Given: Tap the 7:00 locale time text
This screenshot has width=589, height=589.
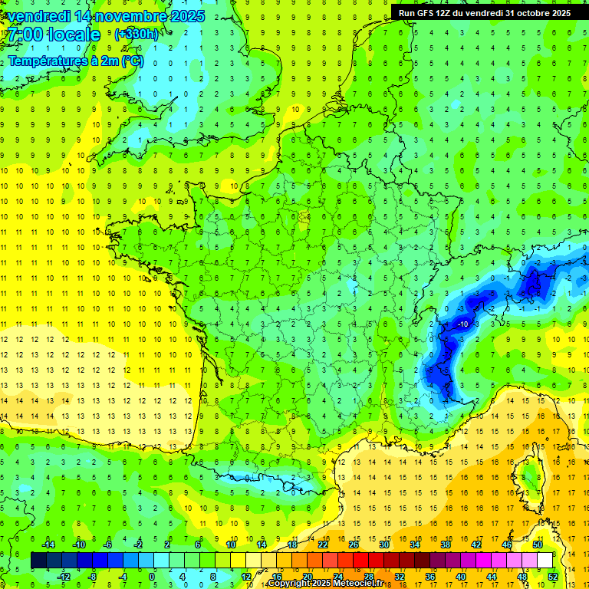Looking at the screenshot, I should point(53,35).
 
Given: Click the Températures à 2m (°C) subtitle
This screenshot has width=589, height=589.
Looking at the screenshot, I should point(75,61).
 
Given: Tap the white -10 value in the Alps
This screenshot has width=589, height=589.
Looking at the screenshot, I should point(462,324).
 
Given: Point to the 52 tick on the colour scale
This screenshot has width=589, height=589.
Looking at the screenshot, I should point(551,577).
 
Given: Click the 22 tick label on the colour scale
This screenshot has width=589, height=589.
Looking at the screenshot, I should point(323,545).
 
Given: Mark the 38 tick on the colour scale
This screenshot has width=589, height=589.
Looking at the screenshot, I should point(445,545).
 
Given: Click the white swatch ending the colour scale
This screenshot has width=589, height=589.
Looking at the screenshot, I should point(545,561).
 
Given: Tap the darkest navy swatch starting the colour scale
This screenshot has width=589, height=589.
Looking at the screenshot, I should point(38,561).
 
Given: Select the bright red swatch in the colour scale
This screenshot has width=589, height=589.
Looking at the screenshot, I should point(360,561).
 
